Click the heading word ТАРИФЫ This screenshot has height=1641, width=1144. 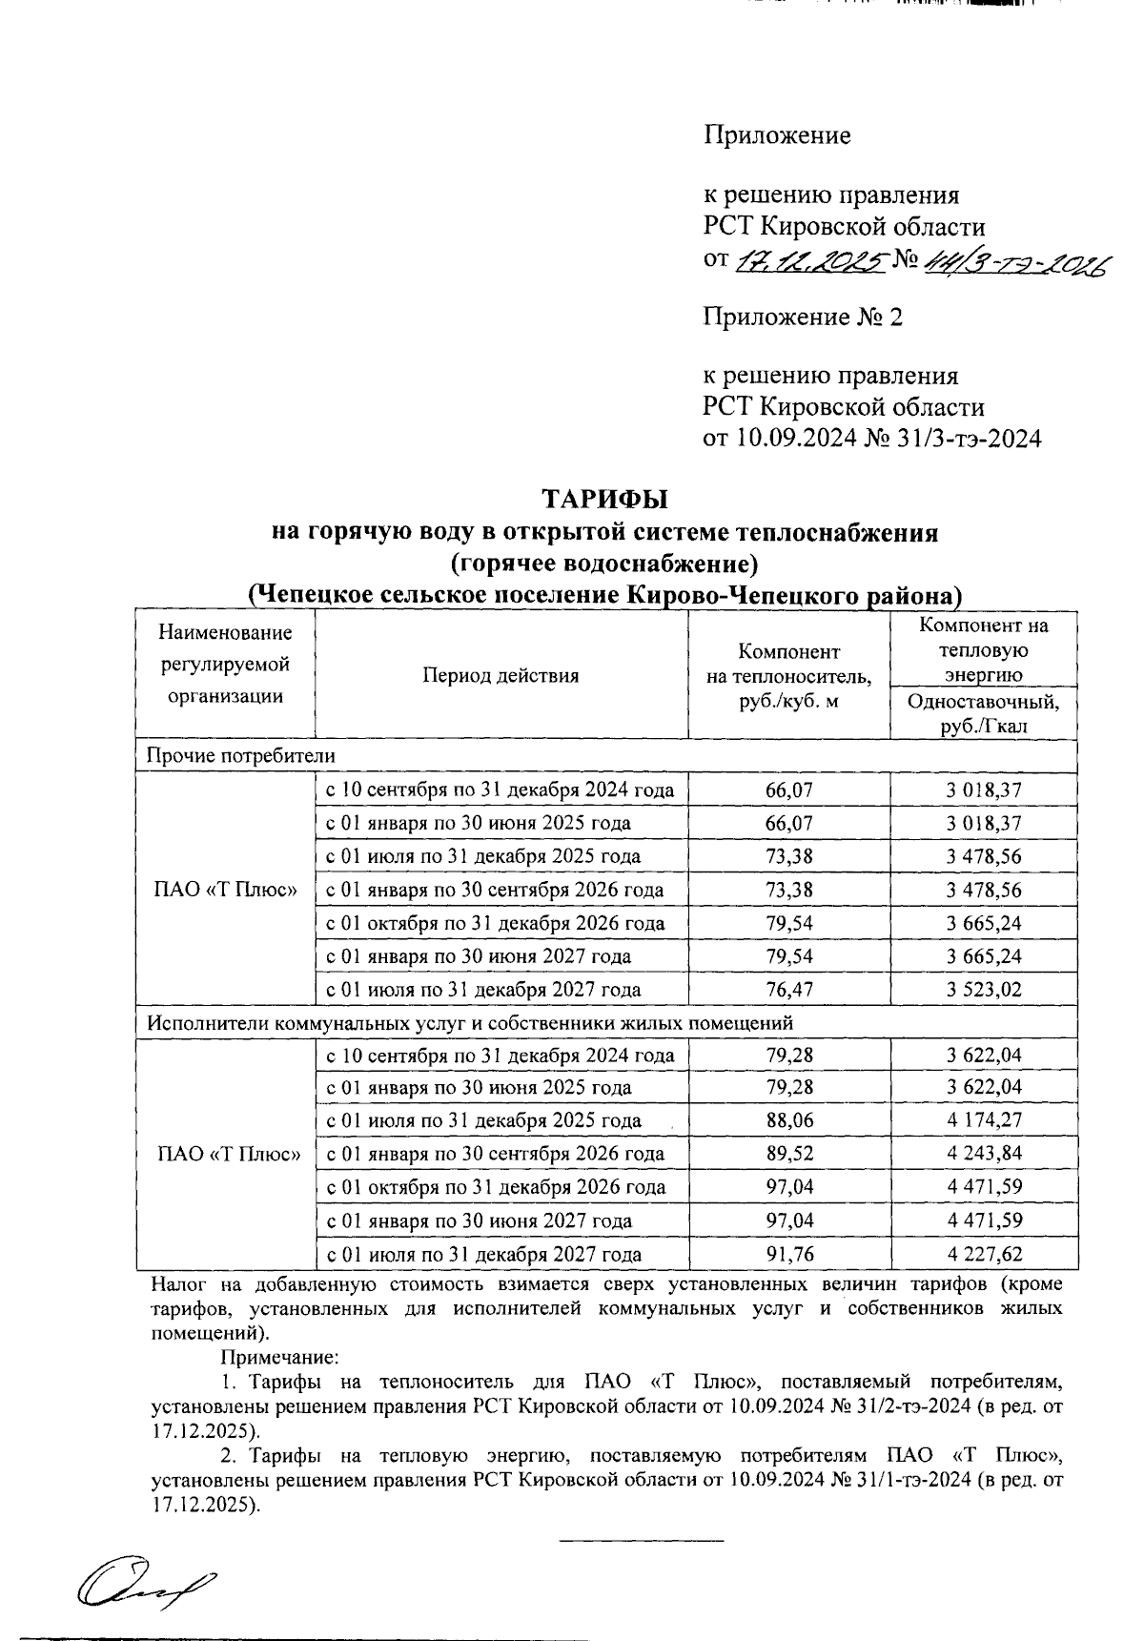pyautogui.click(x=604, y=500)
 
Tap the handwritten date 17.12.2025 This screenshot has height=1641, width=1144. pyautogui.click(x=807, y=260)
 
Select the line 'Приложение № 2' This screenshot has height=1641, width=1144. pyautogui.click(x=803, y=317)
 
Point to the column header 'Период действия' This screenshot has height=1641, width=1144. pyautogui.click(x=500, y=675)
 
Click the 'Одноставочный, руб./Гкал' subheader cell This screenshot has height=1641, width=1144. pyautogui.click(x=983, y=713)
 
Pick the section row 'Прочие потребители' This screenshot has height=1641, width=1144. pyautogui.click(x=240, y=755)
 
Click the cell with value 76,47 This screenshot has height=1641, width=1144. pyautogui.click(x=788, y=990)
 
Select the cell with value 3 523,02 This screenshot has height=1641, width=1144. pyautogui.click(x=983, y=990)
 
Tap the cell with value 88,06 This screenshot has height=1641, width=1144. pyautogui.click(x=788, y=1120)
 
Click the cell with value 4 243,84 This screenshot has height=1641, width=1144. pyautogui.click(x=983, y=1153)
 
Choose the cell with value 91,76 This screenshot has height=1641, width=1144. pyautogui.click(x=788, y=1254)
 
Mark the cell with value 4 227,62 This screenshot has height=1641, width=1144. pyautogui.click(x=983, y=1254)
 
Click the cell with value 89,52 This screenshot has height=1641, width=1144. pyautogui.click(x=788, y=1153)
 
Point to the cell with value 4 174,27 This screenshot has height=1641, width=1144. pyautogui.click(x=983, y=1120)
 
